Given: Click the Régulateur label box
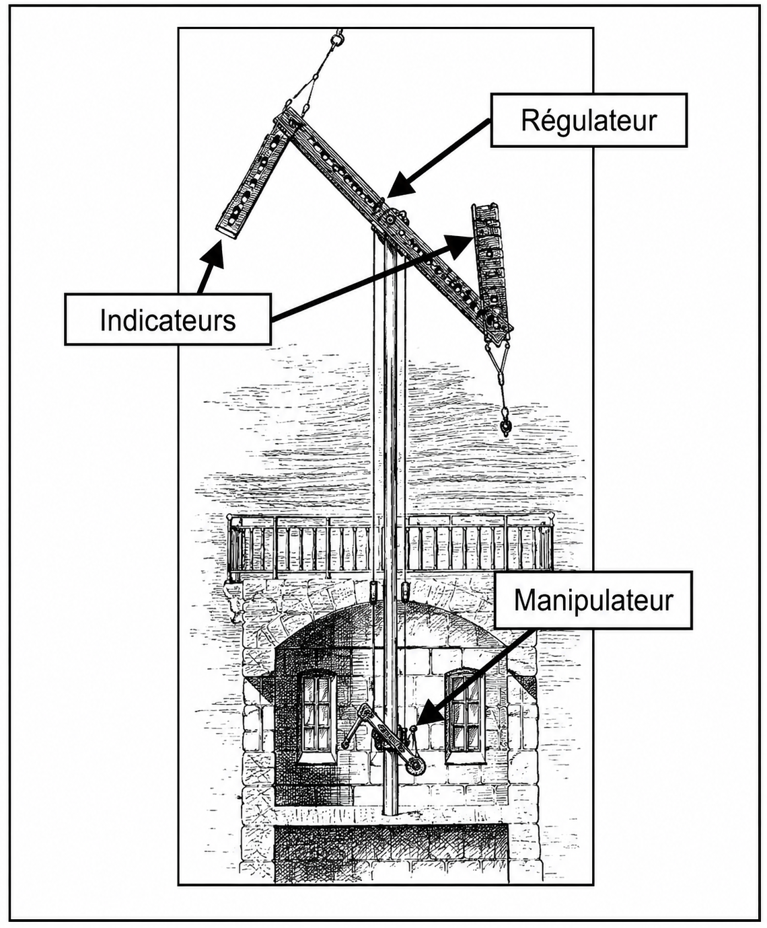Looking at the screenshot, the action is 589,120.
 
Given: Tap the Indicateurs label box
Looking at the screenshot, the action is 168,319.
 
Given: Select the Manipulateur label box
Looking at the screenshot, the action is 593,601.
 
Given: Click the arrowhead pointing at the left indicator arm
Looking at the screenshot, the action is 213,254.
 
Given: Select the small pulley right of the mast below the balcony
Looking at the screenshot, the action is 405,592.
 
